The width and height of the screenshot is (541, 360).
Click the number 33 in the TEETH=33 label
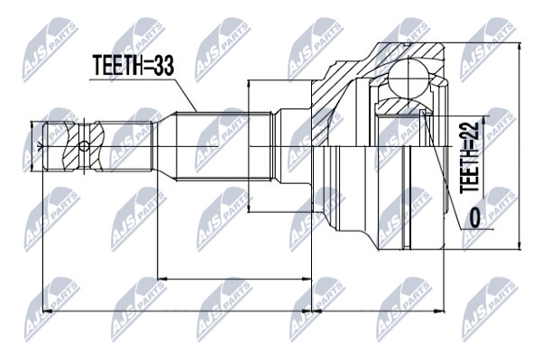tap(164, 65)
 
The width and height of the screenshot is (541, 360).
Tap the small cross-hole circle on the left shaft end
tap(84, 146)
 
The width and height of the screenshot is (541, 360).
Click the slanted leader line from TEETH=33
tap(186, 96)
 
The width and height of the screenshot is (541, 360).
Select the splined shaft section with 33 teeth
tap(224, 145)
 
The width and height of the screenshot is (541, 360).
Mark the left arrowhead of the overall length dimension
tap(46, 311)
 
